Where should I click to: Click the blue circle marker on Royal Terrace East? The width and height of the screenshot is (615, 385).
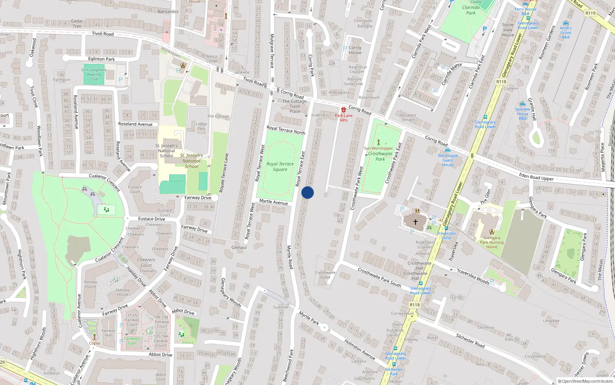tap(307, 192)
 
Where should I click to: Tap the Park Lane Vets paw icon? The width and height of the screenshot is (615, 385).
tap(344, 110)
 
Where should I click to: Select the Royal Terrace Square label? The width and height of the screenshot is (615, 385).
tap(280, 167)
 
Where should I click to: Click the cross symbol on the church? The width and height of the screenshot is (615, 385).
tap(415, 222)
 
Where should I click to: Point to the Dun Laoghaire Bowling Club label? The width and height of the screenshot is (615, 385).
tap(94, 74)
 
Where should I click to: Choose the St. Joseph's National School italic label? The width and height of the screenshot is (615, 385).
tap(191, 161)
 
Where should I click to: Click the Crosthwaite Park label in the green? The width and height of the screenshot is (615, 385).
tap(380, 156)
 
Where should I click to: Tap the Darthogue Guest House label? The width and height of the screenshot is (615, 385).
tap(448, 160)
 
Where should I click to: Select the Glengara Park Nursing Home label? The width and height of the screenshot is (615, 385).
tap(492, 243)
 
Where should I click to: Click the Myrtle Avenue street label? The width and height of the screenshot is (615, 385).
tap(273, 202)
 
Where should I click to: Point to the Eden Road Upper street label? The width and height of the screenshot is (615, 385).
tap(536, 177)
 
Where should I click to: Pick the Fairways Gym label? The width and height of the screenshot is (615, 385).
tap(132, 341)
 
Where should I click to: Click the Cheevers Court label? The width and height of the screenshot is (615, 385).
tap(146, 263)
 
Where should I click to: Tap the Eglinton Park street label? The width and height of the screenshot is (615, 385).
tap(101, 59)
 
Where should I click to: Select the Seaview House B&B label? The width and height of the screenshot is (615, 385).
tap(523, 114)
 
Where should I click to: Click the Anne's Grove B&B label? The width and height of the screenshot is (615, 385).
tap(565, 32)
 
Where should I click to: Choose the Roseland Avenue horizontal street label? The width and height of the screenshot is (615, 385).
tap(135, 124)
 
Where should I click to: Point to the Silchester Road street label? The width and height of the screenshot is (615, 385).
tap(470, 341)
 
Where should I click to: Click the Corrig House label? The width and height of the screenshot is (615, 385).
tap(355, 50)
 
